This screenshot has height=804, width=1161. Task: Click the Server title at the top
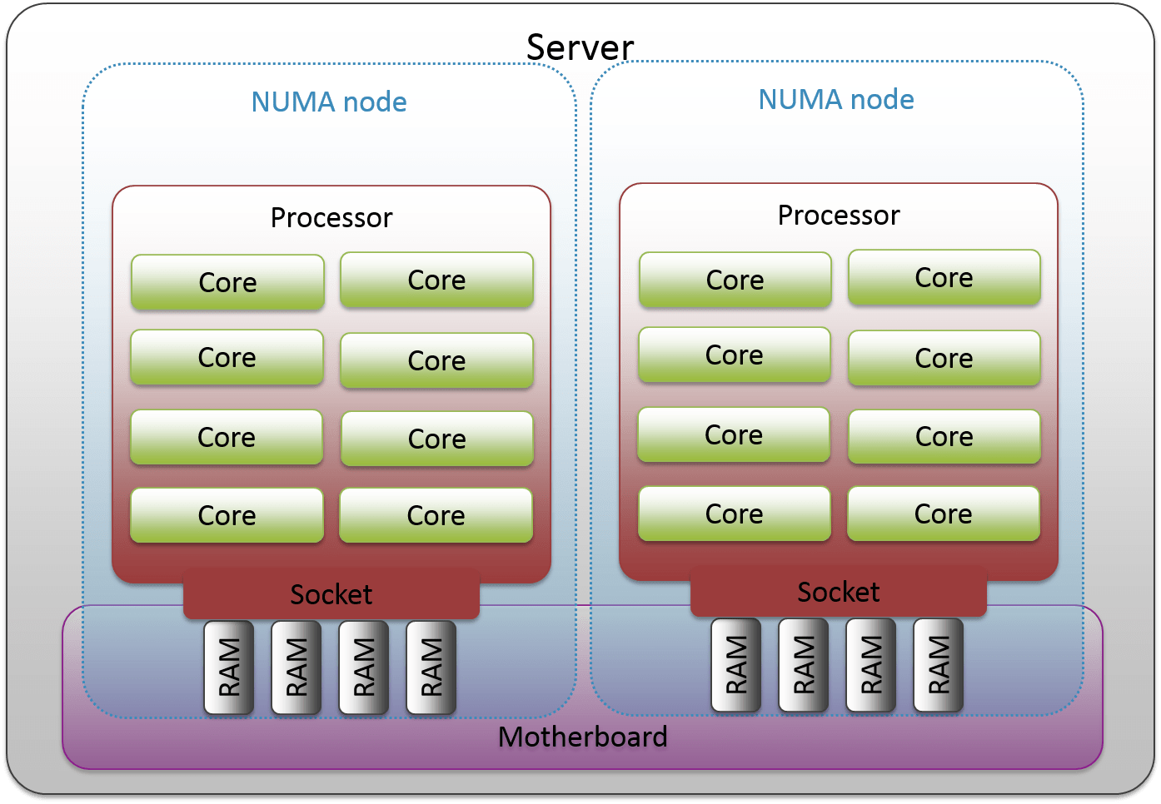(580, 47)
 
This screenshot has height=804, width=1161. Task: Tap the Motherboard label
(582, 737)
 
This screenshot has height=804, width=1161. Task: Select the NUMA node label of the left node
(329, 102)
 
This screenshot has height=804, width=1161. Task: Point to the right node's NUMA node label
(836, 99)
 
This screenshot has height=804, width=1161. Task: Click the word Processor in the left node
(331, 217)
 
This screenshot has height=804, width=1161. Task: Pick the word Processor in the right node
(839, 215)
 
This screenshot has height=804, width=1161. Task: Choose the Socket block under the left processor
(331, 594)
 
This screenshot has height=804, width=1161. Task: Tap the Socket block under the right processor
(839, 592)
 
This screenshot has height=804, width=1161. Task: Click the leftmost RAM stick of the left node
(229, 668)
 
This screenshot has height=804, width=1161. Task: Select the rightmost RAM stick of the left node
(431, 668)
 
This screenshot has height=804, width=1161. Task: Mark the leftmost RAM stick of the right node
(736, 665)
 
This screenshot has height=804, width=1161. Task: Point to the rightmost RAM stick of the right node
(939, 665)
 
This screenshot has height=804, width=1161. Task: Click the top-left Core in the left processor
(227, 282)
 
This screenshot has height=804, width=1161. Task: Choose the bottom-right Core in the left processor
(436, 515)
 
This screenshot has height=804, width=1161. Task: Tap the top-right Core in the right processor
(944, 277)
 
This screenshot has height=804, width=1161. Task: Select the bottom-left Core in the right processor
(734, 514)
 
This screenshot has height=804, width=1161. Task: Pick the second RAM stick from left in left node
(296, 668)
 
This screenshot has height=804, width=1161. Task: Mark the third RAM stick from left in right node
(871, 665)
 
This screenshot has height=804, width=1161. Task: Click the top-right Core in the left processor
(436, 280)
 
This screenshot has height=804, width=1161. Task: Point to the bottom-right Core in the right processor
(943, 514)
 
